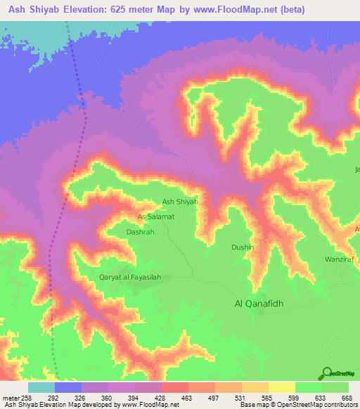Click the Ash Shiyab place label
tap(180, 202)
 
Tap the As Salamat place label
tap(155, 216)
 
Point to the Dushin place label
tap(243, 247)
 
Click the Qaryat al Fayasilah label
tap(130, 278)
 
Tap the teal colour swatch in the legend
tap(41, 387)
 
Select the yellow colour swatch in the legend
tap(281, 387)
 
